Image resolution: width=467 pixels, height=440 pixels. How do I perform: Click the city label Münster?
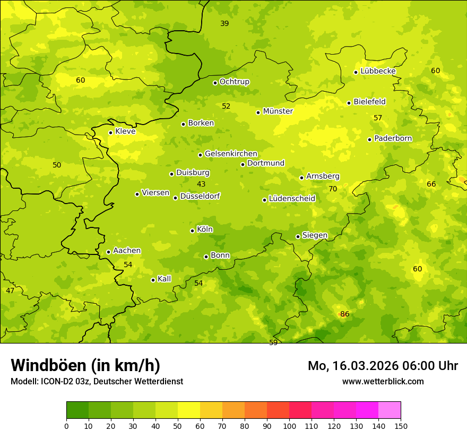[278, 111]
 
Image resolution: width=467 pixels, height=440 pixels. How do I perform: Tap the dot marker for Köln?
[192, 231]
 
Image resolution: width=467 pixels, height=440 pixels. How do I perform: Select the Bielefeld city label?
[369, 102]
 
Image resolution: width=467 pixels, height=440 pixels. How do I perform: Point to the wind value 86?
[344, 314]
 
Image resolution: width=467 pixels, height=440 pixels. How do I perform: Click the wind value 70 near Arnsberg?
[333, 189]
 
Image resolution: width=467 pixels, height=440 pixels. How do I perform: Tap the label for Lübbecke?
[378, 71]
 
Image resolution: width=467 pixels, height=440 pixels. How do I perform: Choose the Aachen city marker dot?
[108, 252]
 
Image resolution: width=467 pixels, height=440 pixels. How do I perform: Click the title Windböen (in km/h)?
[85, 365]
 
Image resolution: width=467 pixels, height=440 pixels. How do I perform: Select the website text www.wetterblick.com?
[383, 381]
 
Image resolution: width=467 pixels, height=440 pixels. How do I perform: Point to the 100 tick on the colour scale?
[289, 426]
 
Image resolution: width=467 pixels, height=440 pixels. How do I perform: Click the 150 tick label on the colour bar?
[401, 426]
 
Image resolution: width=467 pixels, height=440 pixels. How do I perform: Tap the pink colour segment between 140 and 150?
[390, 410]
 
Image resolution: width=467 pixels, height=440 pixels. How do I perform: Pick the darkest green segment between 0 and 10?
[77, 410]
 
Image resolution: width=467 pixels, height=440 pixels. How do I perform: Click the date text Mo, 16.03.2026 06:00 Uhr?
[383, 366]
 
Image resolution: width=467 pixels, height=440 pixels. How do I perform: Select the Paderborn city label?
[393, 138]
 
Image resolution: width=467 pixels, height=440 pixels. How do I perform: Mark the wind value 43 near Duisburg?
[201, 184]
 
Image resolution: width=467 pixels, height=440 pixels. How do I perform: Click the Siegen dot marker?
[298, 236]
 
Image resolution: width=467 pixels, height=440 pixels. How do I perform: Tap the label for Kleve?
[125, 131]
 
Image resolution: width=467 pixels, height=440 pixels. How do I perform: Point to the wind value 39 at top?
[224, 24]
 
